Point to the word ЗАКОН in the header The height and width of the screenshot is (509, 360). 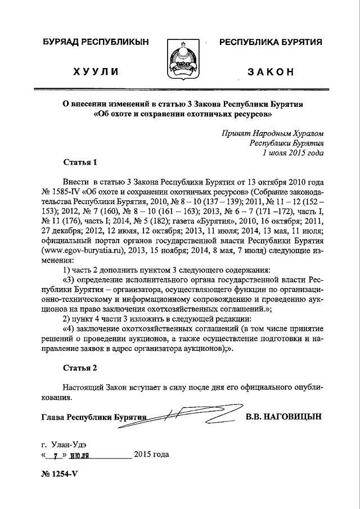click(271, 73)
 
